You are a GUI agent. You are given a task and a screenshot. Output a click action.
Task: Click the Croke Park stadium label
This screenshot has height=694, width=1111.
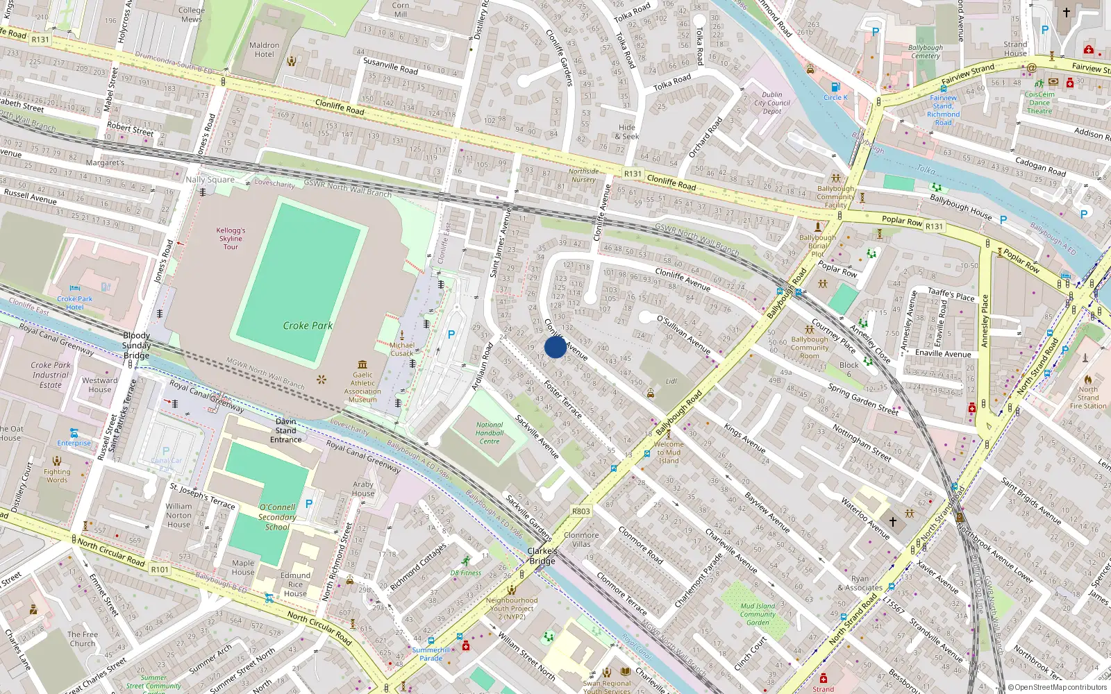[308, 325]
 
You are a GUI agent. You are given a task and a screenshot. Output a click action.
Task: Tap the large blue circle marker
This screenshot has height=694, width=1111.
[555, 347]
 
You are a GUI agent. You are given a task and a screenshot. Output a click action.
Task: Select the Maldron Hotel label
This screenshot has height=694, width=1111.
[264, 50]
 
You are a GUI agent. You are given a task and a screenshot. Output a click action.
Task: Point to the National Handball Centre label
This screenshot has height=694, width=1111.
[490, 433]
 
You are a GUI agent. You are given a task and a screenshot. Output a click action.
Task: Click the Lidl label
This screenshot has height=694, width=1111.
[671, 382]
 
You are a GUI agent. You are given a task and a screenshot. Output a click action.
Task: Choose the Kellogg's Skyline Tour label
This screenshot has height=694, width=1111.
[231, 238]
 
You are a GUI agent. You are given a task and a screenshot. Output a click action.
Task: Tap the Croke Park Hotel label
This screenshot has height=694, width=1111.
[75, 303]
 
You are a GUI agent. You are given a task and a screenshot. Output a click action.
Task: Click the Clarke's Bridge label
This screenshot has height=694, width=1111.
[542, 556]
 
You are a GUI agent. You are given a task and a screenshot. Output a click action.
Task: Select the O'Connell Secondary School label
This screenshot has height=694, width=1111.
[277, 517]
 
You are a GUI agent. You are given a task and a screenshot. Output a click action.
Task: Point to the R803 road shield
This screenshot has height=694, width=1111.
[581, 511]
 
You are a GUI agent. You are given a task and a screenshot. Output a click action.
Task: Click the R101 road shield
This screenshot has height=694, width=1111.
[160, 569]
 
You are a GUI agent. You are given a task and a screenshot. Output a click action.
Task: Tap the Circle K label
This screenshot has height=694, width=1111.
[835, 97]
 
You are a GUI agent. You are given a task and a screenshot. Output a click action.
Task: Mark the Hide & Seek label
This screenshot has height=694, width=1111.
[627, 132]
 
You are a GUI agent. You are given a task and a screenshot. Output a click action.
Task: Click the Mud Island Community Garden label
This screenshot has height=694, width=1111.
[758, 614]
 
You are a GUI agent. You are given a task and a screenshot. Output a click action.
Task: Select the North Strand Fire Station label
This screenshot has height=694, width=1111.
[1088, 398]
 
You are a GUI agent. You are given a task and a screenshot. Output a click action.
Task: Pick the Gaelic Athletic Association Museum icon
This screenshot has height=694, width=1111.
[362, 365]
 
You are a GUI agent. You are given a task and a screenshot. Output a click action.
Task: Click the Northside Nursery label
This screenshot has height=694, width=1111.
[583, 176]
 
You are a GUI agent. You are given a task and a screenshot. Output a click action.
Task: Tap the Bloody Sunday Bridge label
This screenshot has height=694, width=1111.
[136, 346]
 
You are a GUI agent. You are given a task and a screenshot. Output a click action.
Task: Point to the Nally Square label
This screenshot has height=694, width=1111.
[210, 180]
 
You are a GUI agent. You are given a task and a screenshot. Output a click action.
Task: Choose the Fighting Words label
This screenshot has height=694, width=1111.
[57, 475]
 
